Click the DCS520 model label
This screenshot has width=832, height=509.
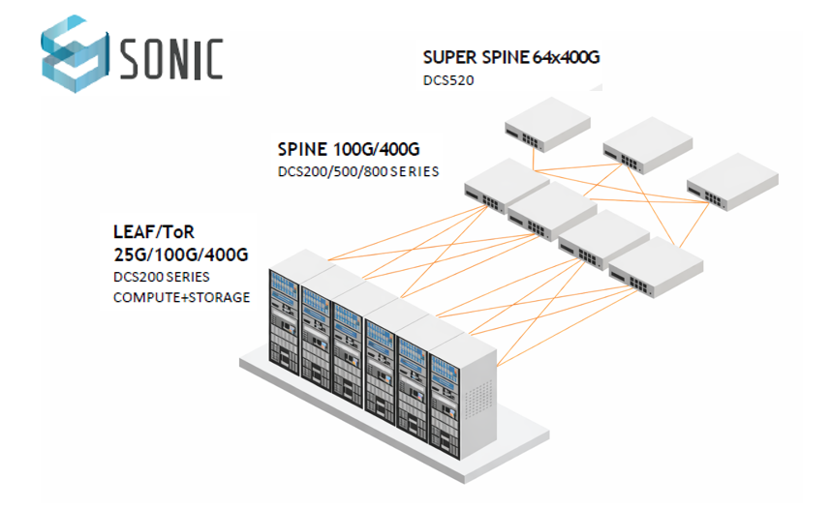(x=448, y=80)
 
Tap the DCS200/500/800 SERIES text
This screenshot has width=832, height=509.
(x=358, y=172)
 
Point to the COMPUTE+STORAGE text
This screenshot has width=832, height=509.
(x=181, y=296)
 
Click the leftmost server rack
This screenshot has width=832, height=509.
(x=288, y=305)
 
